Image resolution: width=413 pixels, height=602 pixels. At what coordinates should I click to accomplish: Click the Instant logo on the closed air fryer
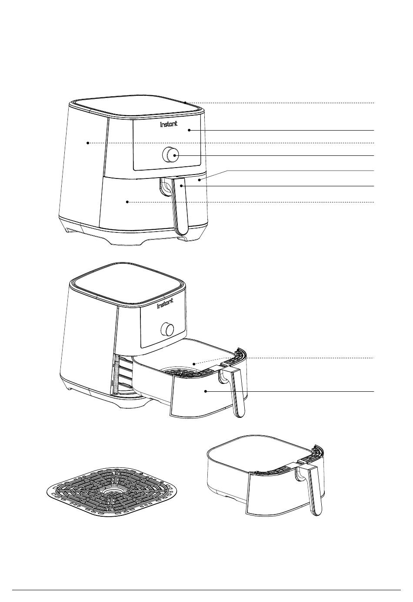pos(169,124)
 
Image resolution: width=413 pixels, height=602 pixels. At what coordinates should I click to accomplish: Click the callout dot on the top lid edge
pos(186,103)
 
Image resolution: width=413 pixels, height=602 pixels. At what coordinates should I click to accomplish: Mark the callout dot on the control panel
pos(189,130)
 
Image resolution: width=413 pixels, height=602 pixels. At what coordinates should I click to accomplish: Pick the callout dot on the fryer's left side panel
pos(88,143)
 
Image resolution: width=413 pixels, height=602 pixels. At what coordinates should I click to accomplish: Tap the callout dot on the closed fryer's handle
pos(182,186)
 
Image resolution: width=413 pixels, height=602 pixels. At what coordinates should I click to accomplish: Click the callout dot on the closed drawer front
pos(127,202)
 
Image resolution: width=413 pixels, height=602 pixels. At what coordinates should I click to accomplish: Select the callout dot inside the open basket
pos(194,364)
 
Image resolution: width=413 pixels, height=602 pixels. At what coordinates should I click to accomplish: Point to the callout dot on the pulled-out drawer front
pos(206,392)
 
